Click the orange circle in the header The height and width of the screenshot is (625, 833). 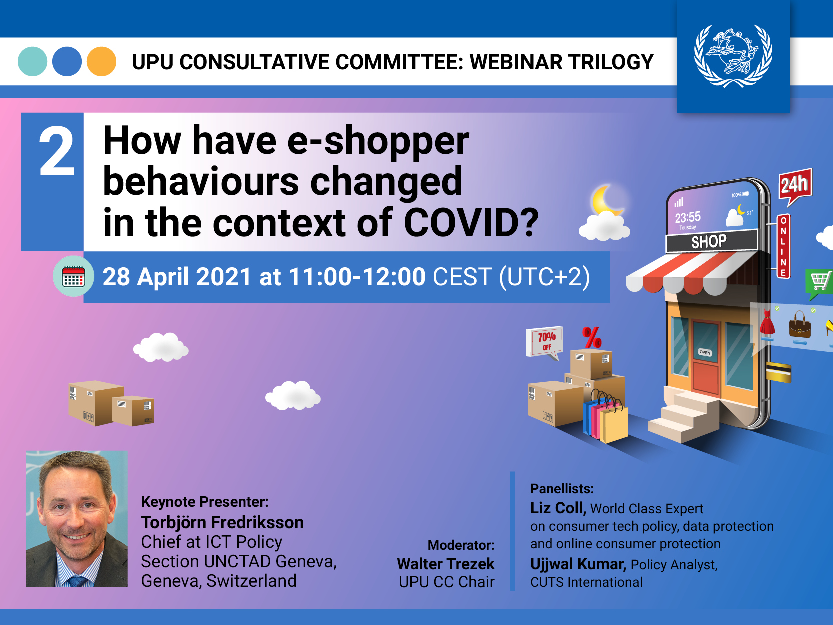click(101, 61)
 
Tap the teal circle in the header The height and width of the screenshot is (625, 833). click(32, 61)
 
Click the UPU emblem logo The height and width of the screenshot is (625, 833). click(733, 56)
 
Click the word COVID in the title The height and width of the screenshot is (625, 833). click(471, 223)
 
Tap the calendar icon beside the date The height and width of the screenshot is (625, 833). click(73, 276)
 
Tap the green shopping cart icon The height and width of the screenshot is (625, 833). click(819, 283)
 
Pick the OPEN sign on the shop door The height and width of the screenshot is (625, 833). click(705, 352)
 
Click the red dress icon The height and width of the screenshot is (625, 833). click(767, 322)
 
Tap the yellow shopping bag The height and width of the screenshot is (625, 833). click(614, 424)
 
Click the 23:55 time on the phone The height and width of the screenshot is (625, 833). click(687, 217)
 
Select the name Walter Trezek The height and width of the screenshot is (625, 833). click(446, 564)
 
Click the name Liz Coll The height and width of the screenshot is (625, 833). click(558, 508)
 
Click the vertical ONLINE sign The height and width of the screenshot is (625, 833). click(784, 246)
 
